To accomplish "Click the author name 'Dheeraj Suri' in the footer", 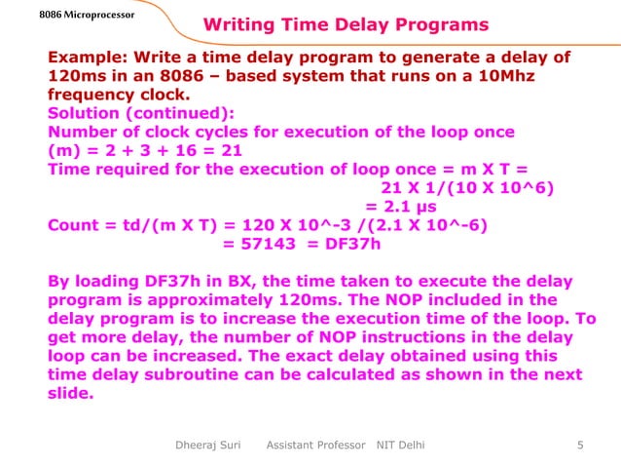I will [x=205, y=447].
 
